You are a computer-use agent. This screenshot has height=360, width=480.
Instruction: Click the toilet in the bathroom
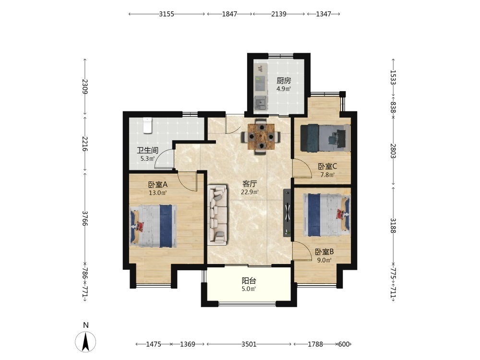pyautogui.click(x=147, y=125)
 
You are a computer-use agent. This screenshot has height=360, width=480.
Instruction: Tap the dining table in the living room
pyautogui.click(x=261, y=136)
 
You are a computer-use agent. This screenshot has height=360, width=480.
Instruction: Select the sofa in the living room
pyautogui.click(x=217, y=215)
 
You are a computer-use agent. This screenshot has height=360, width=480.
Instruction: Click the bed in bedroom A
pyautogui.click(x=154, y=226)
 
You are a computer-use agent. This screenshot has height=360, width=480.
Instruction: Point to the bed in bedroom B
pyautogui.click(x=327, y=215)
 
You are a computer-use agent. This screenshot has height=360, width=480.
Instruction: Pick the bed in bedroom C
pyautogui.click(x=325, y=138)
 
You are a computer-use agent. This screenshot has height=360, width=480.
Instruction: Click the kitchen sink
pyautogui.click(x=261, y=103)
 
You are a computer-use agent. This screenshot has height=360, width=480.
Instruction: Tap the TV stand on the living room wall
pyautogui.click(x=288, y=213)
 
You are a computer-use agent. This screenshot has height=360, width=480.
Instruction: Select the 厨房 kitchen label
pyautogui.click(x=284, y=81)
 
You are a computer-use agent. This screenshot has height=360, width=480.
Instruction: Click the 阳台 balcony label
pyautogui.click(x=249, y=280)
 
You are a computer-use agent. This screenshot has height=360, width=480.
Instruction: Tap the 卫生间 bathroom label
pyautogui.click(x=147, y=150)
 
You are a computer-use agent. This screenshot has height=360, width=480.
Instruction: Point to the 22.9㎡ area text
pyautogui.click(x=250, y=192)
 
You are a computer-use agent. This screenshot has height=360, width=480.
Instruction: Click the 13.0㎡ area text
pyautogui.click(x=157, y=193)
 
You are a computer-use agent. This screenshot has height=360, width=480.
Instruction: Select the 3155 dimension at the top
pyautogui.click(x=167, y=14)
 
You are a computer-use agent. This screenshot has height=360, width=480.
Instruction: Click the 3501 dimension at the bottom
pyautogui.click(x=249, y=344)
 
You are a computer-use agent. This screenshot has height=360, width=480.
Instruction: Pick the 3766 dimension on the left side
pyautogui.click(x=85, y=218)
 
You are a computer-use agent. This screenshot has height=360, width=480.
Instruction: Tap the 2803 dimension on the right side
pyautogui.click(x=393, y=151)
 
